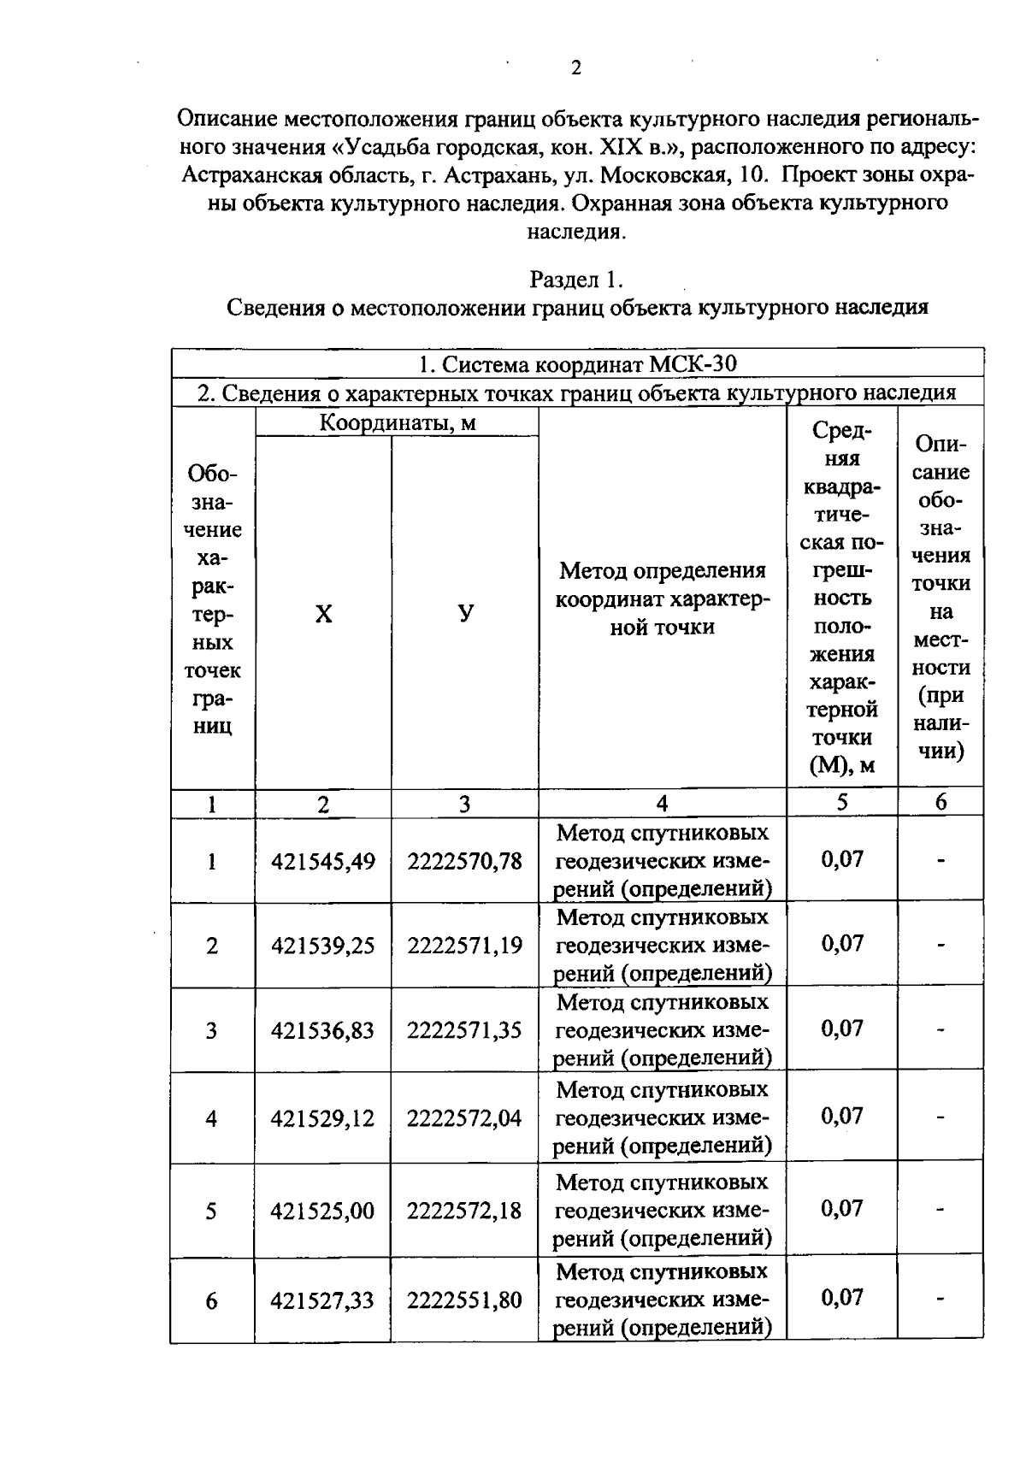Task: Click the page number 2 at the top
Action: (575, 68)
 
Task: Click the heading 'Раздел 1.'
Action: (577, 280)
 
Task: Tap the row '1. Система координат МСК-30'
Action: (577, 364)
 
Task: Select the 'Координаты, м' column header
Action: (397, 422)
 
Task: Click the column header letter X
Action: (323, 614)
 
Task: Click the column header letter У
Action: (464, 614)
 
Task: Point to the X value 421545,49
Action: (323, 861)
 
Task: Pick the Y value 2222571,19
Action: (464, 946)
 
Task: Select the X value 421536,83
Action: (323, 1030)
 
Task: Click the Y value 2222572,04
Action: (464, 1118)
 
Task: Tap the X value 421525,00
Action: (323, 1211)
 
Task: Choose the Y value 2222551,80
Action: (464, 1300)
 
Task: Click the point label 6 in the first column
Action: (211, 1301)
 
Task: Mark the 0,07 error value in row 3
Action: (842, 1029)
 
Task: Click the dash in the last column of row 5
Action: (940, 1210)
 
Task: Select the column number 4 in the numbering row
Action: (662, 803)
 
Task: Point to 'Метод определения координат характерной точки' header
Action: (663, 598)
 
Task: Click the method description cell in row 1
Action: (663, 861)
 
